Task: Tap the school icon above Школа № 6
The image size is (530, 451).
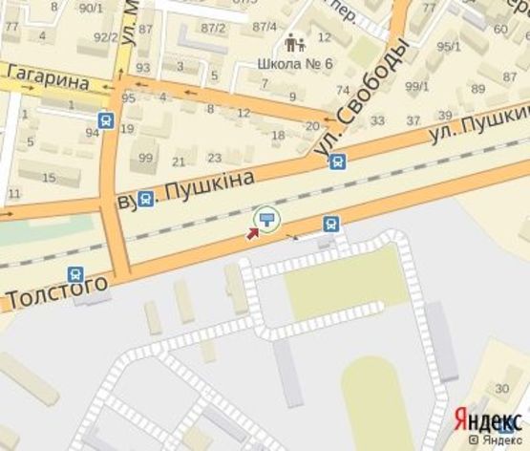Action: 295,43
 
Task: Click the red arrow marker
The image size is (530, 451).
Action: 254,233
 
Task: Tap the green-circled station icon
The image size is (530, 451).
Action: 266,222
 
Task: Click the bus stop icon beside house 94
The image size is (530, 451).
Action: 105,120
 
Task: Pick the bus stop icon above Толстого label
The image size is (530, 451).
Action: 76,276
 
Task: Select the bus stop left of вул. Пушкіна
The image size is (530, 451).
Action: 144,199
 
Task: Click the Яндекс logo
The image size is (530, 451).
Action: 486,421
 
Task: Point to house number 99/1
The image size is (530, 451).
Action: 417,86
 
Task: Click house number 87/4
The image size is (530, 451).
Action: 265,27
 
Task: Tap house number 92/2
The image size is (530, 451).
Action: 105,37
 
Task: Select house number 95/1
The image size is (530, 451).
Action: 449,46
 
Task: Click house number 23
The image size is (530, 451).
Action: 214,159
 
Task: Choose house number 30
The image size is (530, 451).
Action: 502,387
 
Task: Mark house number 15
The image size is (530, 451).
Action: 49,179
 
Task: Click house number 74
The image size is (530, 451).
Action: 343,91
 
